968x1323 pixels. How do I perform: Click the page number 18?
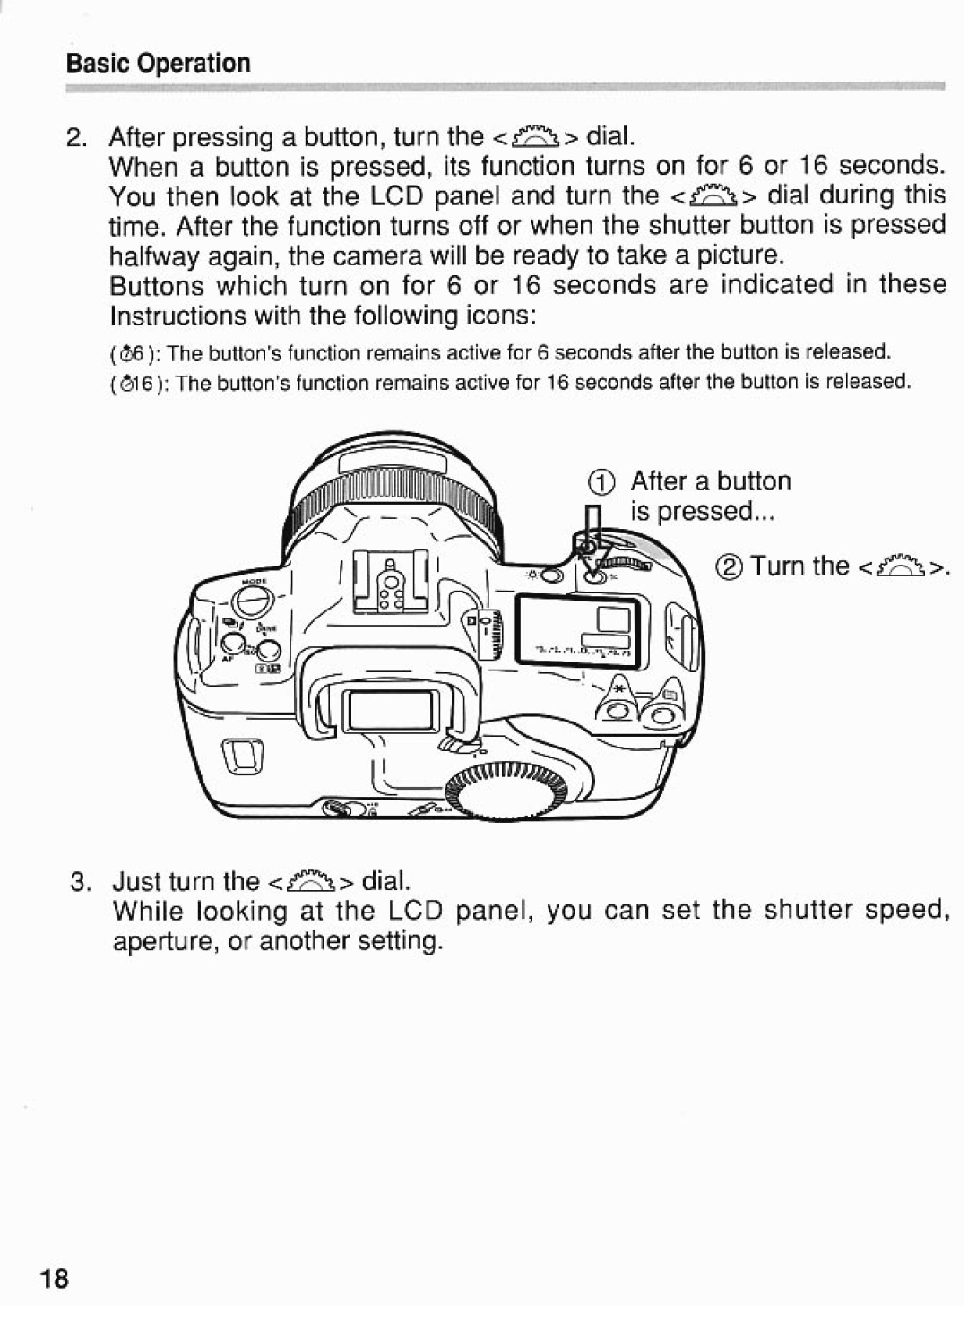pyautogui.click(x=54, y=1279)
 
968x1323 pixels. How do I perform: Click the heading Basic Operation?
pyautogui.click(x=158, y=63)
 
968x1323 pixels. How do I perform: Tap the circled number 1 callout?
pyautogui.click(x=603, y=482)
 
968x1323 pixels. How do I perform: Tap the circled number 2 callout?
pyautogui.click(x=731, y=567)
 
